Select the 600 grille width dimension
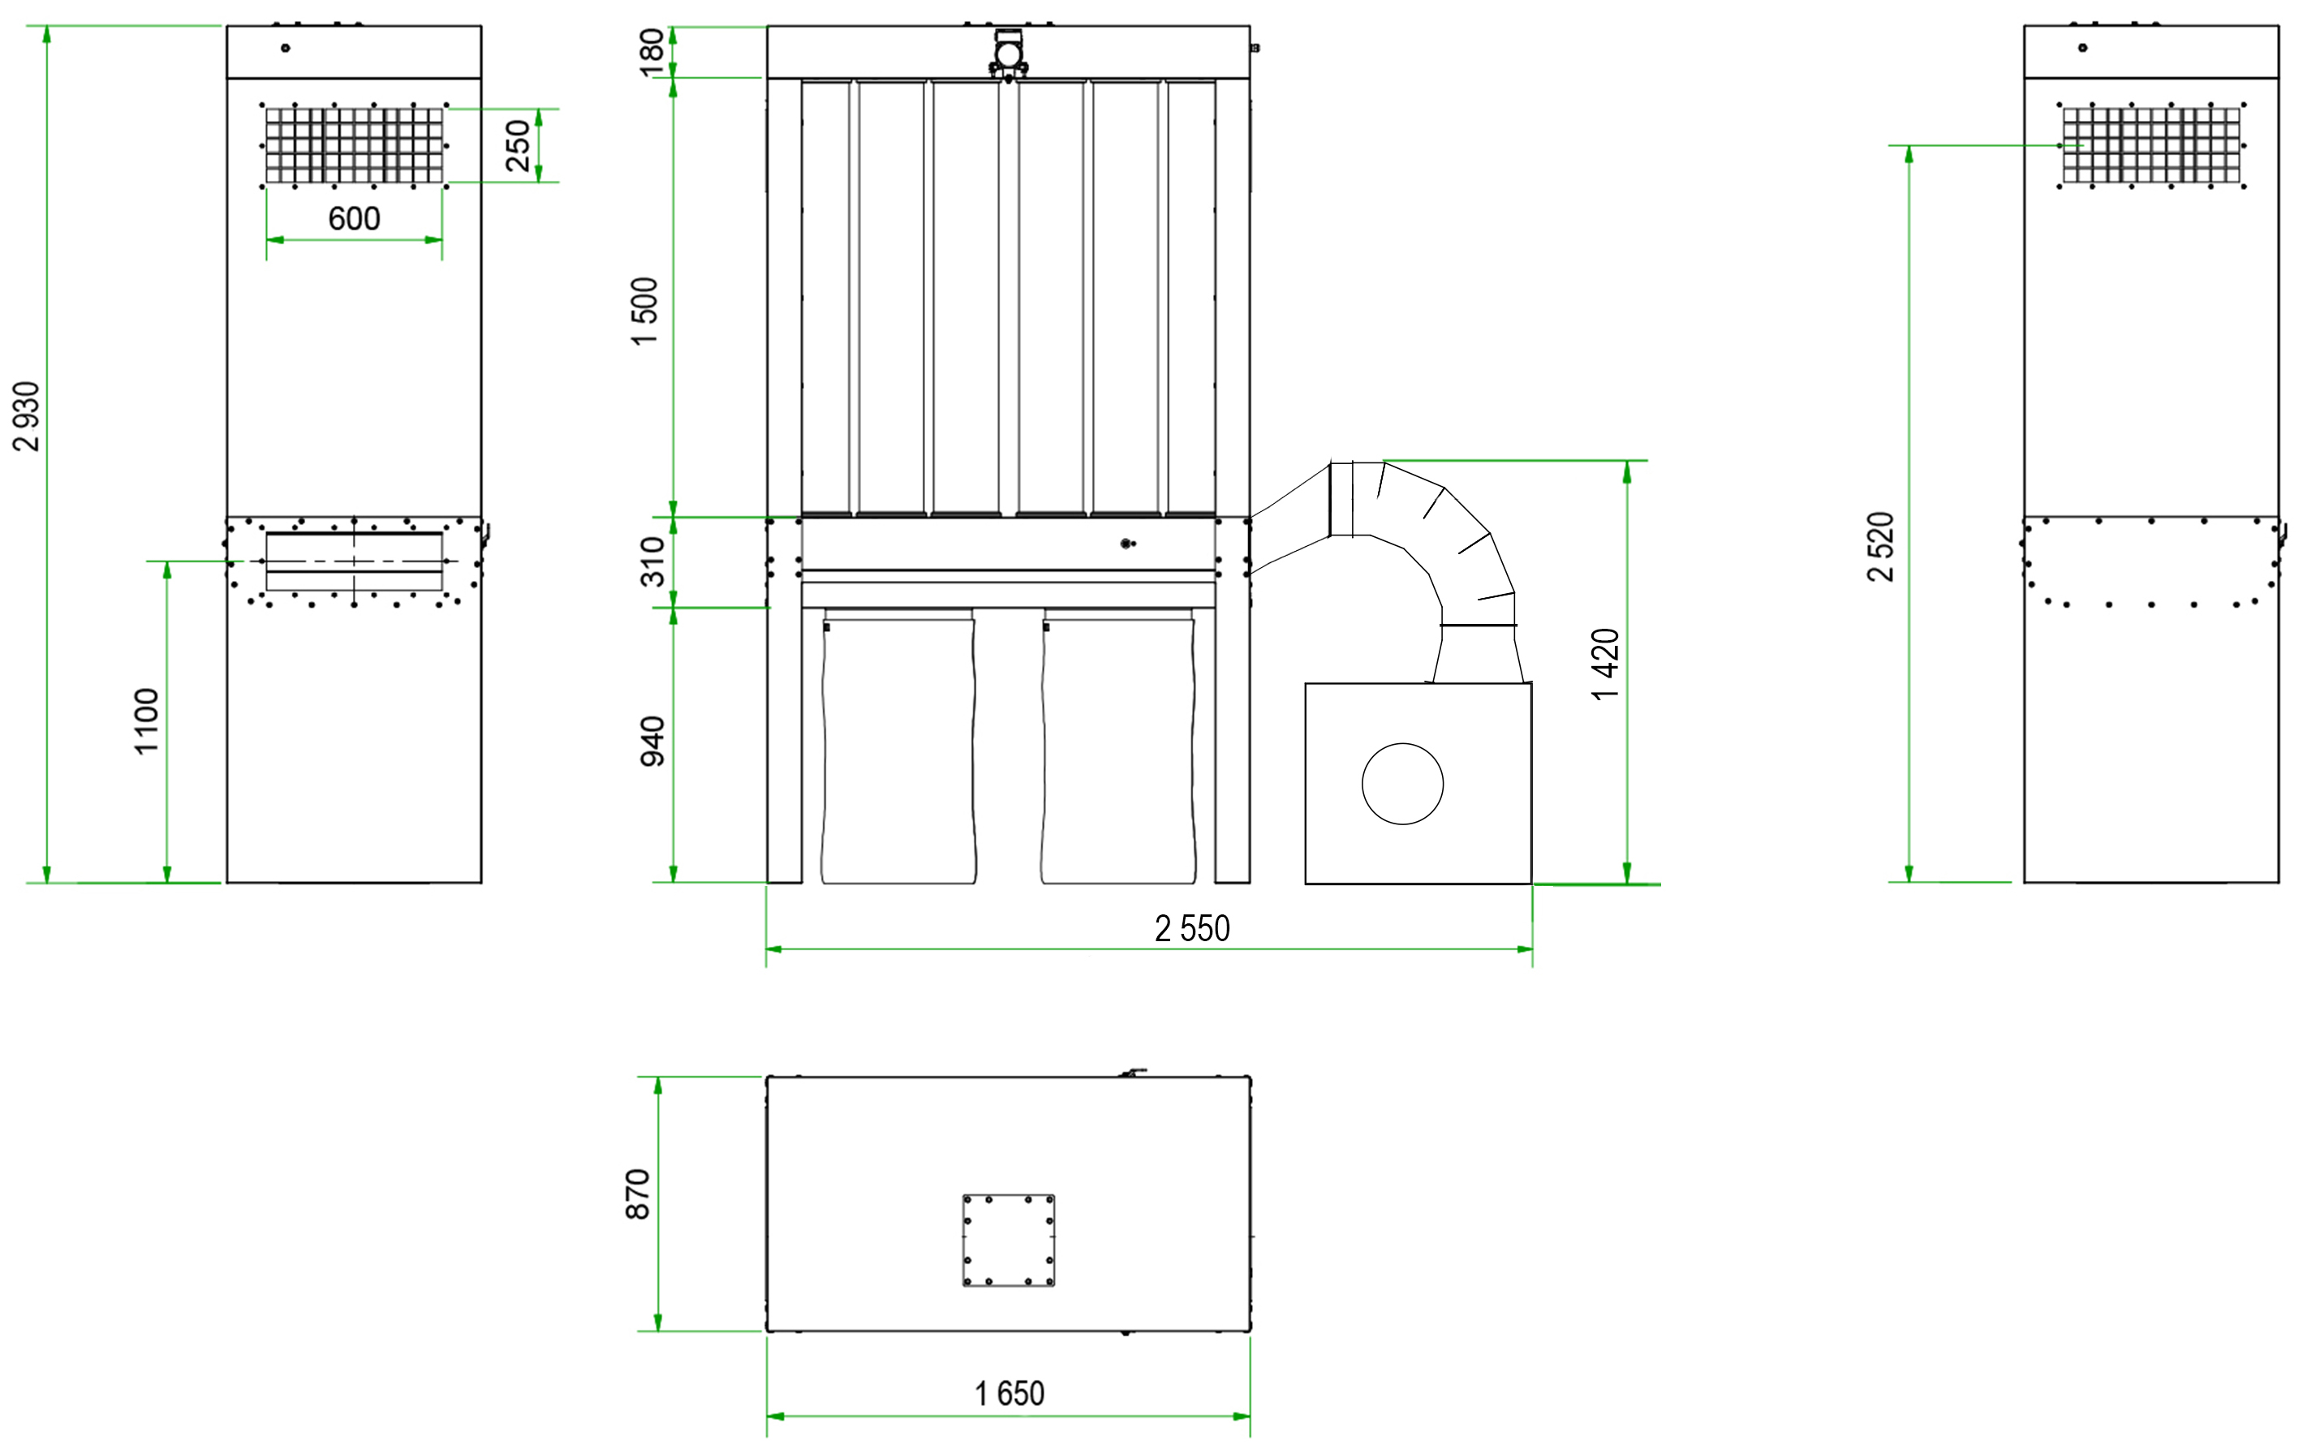point(354,219)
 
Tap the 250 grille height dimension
point(518,145)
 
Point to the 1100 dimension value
point(146,721)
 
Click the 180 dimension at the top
point(652,53)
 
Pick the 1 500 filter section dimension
point(645,312)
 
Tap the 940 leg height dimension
point(652,741)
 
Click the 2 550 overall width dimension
point(1192,928)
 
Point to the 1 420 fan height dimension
point(1606,664)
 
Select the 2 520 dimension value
point(1880,547)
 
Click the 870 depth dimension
point(638,1193)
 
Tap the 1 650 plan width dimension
point(1009,1393)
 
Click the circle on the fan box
point(1402,784)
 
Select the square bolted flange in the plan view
point(1009,1241)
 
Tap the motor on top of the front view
point(1009,54)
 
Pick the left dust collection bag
point(898,746)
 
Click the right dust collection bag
point(1118,746)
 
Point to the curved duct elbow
point(1424,571)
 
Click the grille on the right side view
point(2151,145)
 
